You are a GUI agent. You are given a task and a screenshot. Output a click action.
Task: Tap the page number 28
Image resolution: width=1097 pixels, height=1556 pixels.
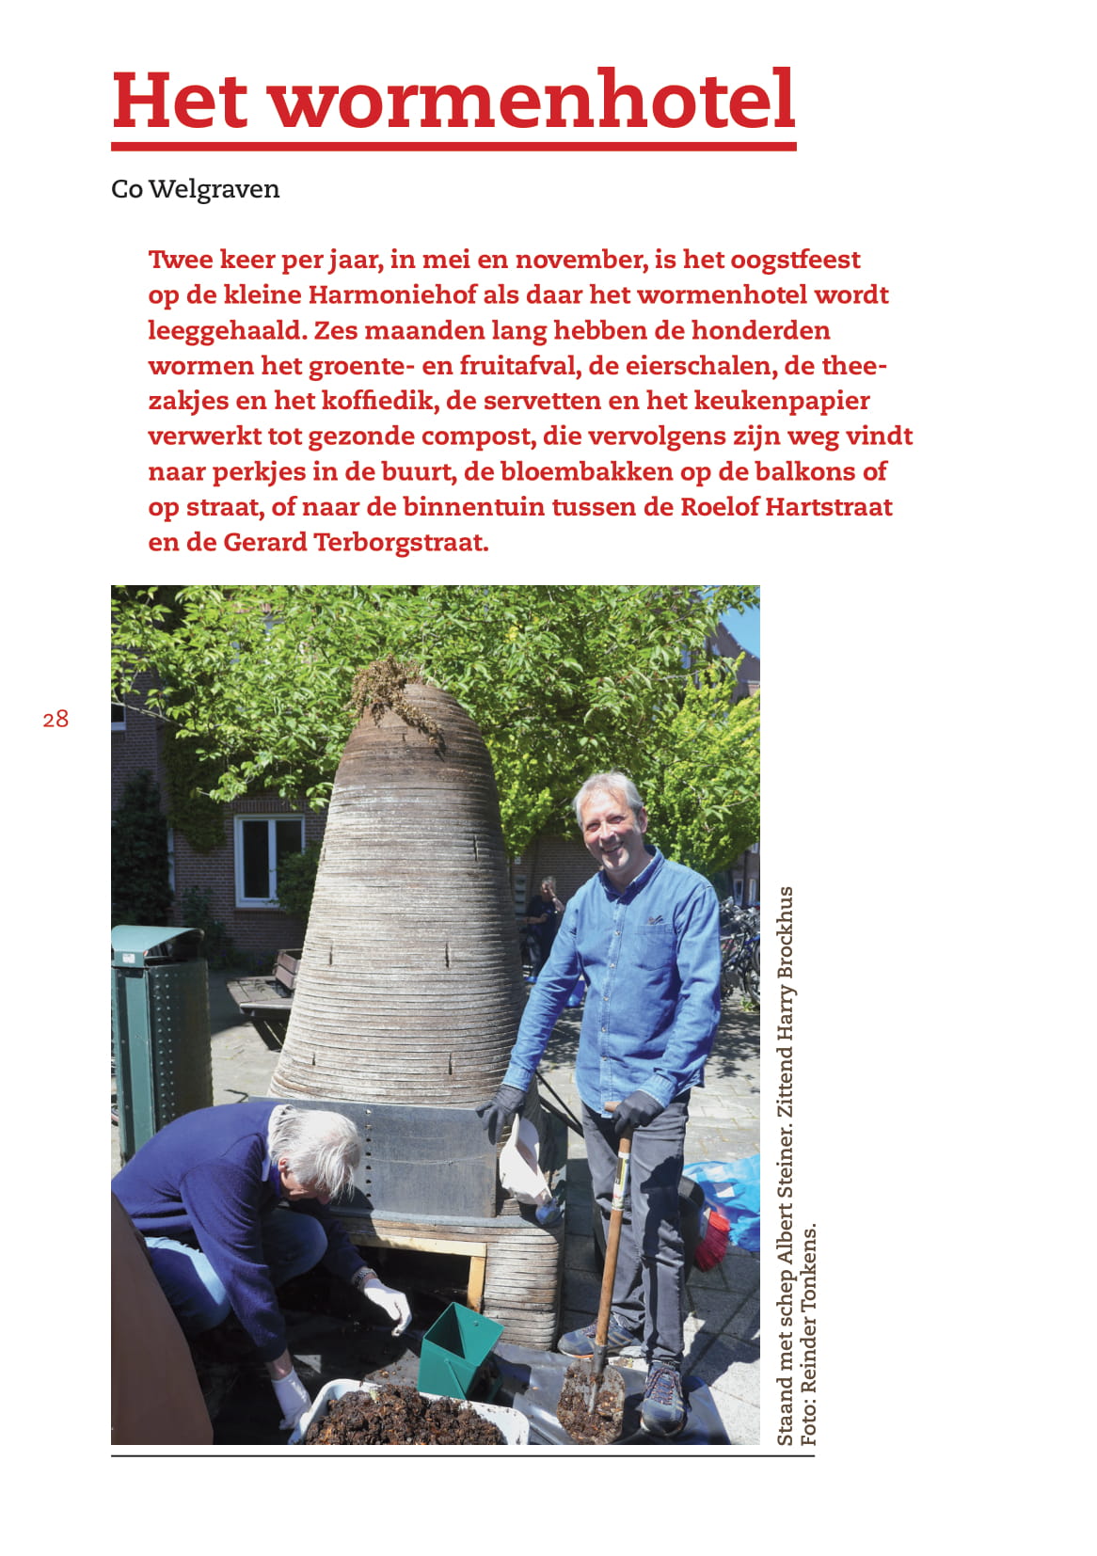click(x=56, y=720)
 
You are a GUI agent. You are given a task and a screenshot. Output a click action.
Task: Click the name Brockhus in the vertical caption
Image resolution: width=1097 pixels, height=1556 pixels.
click(x=786, y=931)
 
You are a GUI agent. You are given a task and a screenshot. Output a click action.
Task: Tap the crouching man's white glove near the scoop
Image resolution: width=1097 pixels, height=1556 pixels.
click(x=389, y=1304)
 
